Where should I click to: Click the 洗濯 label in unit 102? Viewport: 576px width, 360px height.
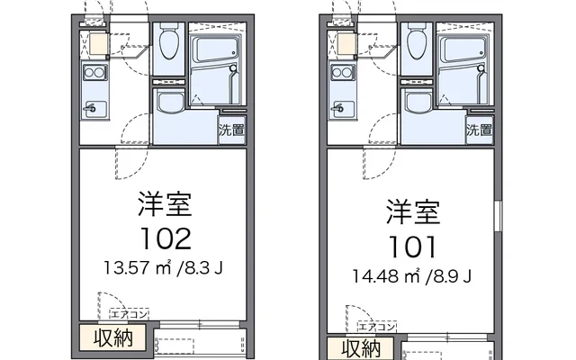[230, 130]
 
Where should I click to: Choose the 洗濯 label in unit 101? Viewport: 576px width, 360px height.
[479, 130]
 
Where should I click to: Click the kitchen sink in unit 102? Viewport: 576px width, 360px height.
[94, 109]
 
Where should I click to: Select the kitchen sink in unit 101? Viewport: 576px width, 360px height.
[342, 109]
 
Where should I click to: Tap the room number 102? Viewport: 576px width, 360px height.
[165, 238]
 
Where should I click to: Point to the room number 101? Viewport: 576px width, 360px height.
[413, 245]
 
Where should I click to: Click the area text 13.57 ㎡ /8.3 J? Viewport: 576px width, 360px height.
[165, 267]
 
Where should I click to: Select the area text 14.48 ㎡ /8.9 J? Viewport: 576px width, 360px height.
[413, 274]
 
